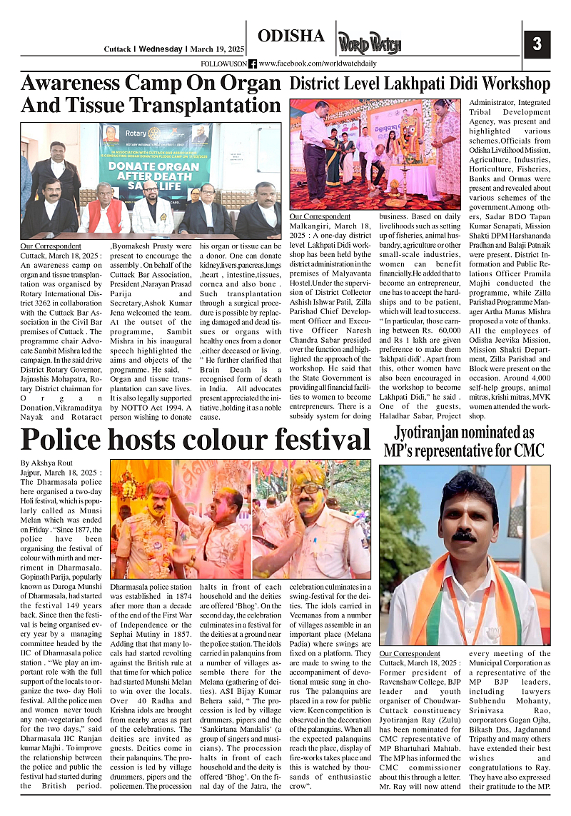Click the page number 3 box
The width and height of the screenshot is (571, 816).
coord(537,44)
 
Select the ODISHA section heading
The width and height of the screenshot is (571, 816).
coord(290,36)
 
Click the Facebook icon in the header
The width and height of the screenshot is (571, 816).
coord(253,64)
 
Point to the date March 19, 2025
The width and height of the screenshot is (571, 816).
coord(217,49)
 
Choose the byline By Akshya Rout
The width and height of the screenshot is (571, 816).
coord(47,463)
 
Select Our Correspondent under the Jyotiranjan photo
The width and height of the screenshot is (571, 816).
coord(410,653)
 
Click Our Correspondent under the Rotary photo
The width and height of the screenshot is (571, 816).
coord(51,246)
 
